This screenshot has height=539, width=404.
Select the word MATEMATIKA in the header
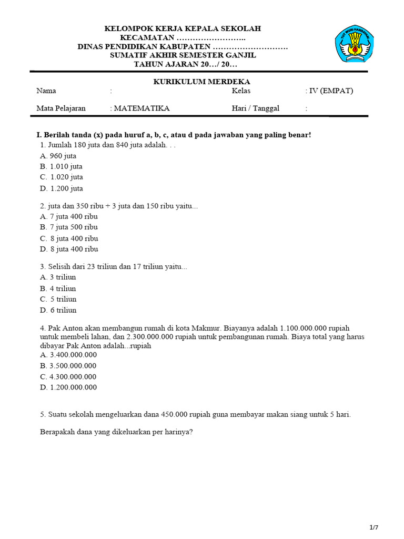[x=142, y=108]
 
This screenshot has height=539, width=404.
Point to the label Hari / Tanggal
[x=256, y=108]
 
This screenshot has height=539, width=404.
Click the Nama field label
[x=46, y=91]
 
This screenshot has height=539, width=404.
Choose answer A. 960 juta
[x=58, y=156]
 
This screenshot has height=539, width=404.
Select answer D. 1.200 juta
[x=62, y=188]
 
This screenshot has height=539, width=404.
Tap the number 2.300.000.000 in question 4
[x=151, y=337]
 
